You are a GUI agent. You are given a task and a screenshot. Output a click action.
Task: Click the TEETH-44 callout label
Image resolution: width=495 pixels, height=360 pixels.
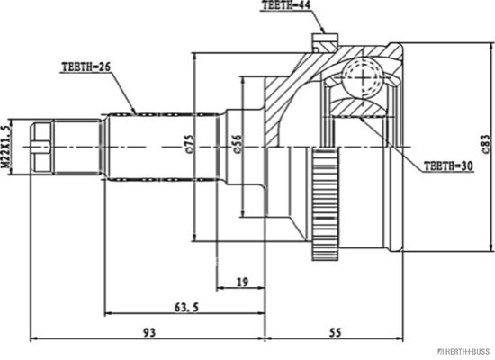point(286,5)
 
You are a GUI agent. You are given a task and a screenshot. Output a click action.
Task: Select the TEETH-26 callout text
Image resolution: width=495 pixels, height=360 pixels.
point(85,67)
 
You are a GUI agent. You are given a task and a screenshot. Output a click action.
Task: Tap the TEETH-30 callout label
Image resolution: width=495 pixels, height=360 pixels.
point(448,166)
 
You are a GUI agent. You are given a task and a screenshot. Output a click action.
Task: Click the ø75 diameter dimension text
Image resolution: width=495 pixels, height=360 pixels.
point(189,144)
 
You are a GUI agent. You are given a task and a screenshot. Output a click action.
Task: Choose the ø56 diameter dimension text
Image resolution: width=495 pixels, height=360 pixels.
point(238,144)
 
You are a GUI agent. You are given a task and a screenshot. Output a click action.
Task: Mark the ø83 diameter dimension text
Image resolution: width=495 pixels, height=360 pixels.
point(487,145)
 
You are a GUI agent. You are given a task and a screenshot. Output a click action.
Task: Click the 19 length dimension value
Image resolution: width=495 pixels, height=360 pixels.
point(242,282)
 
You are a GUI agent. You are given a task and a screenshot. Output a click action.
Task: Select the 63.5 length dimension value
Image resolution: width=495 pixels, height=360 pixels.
point(187,307)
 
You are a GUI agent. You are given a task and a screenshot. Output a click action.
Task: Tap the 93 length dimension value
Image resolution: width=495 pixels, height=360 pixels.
point(149,332)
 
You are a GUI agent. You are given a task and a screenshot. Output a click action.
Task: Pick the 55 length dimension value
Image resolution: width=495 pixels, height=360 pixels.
point(336,332)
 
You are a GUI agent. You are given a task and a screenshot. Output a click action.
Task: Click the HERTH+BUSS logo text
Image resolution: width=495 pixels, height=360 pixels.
point(463,352)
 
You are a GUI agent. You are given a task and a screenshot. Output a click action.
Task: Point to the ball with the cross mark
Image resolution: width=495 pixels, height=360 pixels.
point(363,77)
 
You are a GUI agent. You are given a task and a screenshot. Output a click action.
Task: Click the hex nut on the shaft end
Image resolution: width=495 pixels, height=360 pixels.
point(41,148)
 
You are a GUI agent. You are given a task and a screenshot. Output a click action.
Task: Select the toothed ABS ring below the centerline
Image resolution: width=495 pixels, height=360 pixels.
point(325,204)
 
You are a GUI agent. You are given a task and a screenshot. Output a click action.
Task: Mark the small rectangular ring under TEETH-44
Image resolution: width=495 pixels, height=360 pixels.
point(325,40)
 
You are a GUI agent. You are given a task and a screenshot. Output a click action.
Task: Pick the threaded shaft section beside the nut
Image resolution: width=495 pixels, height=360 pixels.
point(77,148)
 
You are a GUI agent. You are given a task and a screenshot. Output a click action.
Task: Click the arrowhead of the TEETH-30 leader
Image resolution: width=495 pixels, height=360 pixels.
point(362,120)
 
